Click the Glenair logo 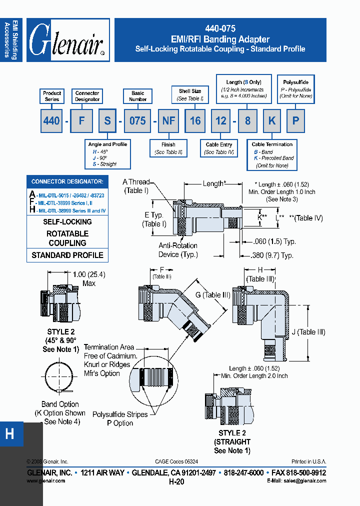coord(68,40)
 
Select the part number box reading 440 coord(51,120)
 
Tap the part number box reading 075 coord(137,120)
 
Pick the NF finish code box coord(168,120)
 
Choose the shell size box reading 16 coord(195,120)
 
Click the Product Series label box coord(52,96)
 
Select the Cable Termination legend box coord(272,154)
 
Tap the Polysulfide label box coord(296,89)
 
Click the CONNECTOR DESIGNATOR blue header coord(67,181)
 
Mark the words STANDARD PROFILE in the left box coord(67,255)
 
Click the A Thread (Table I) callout coord(136,186)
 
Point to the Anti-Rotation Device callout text coord(178,250)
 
